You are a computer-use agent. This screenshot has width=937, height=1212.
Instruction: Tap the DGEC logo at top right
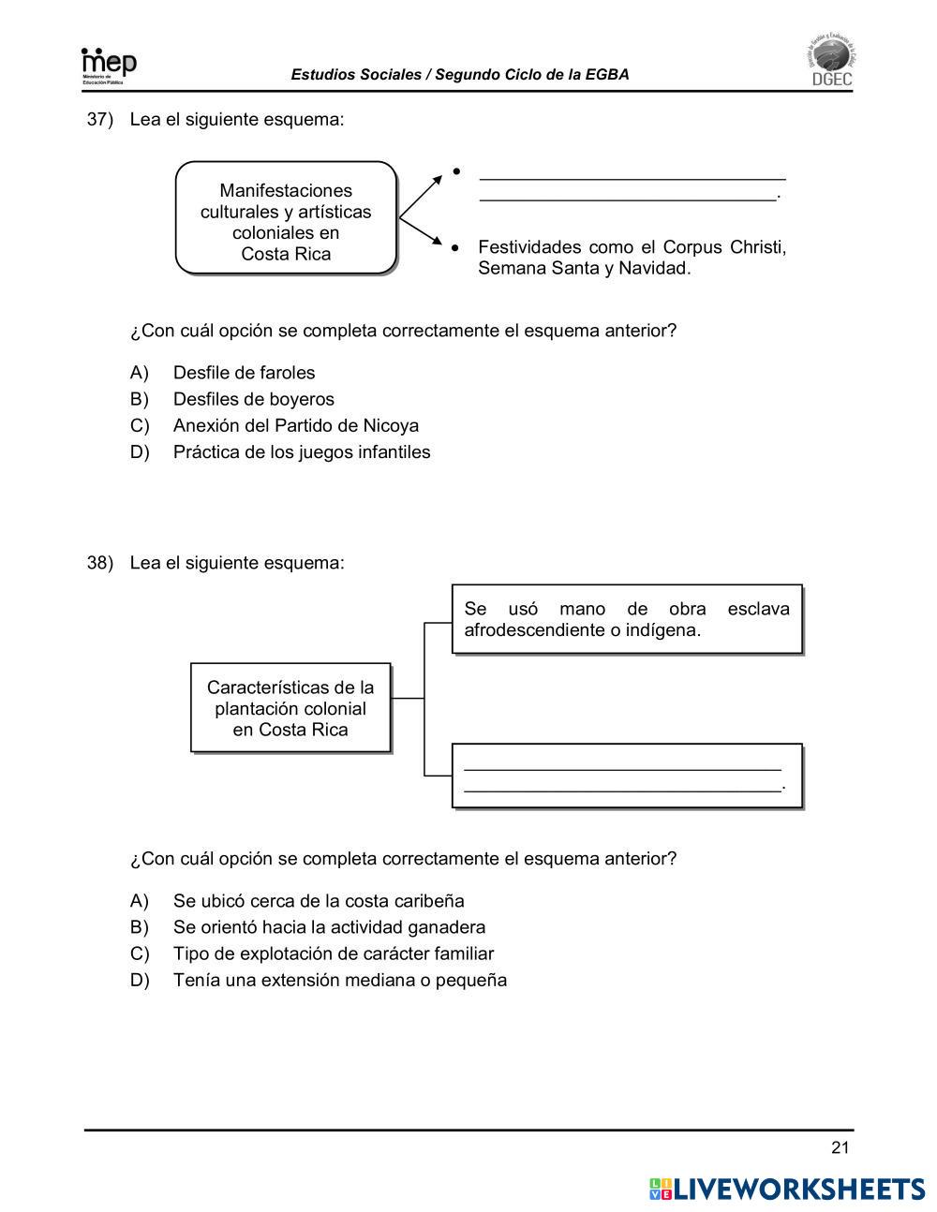coord(830,63)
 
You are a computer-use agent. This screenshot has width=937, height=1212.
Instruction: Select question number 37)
coord(99,120)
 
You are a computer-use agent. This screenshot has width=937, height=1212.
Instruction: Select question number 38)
coord(99,563)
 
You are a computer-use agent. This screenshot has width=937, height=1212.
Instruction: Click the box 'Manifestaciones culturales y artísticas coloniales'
coord(286,218)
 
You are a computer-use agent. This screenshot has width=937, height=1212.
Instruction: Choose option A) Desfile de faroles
coord(244,373)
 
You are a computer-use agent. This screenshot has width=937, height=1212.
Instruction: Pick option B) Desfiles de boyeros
coord(253,399)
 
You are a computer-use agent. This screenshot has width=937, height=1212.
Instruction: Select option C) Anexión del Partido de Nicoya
coord(295,425)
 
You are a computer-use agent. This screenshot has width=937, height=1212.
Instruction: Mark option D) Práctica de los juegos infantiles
coord(301,452)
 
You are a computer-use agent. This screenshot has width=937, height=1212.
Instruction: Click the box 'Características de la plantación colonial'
coord(290,708)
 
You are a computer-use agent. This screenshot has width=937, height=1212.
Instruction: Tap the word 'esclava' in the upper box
coord(758,609)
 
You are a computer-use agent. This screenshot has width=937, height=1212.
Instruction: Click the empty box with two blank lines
coord(627,776)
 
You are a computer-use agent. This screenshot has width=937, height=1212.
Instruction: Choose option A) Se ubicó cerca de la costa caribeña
coord(318,901)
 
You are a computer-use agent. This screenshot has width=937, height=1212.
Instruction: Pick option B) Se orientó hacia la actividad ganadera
coord(329,927)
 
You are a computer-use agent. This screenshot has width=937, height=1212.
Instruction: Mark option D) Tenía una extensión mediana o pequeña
coord(339,981)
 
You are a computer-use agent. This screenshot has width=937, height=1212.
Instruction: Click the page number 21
coord(840,1148)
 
